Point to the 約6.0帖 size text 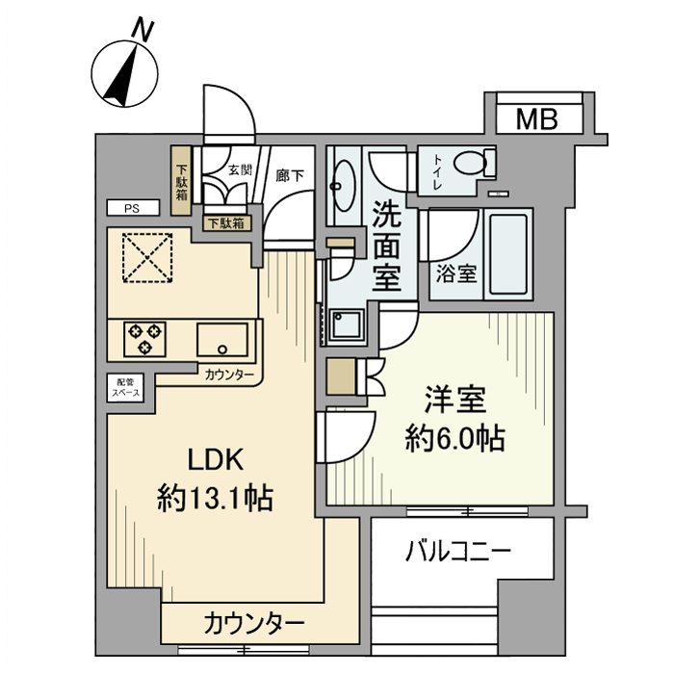click(x=453, y=440)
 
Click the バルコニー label click(x=457, y=553)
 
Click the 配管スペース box click(x=124, y=387)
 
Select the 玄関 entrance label click(x=240, y=170)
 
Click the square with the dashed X click(x=148, y=258)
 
